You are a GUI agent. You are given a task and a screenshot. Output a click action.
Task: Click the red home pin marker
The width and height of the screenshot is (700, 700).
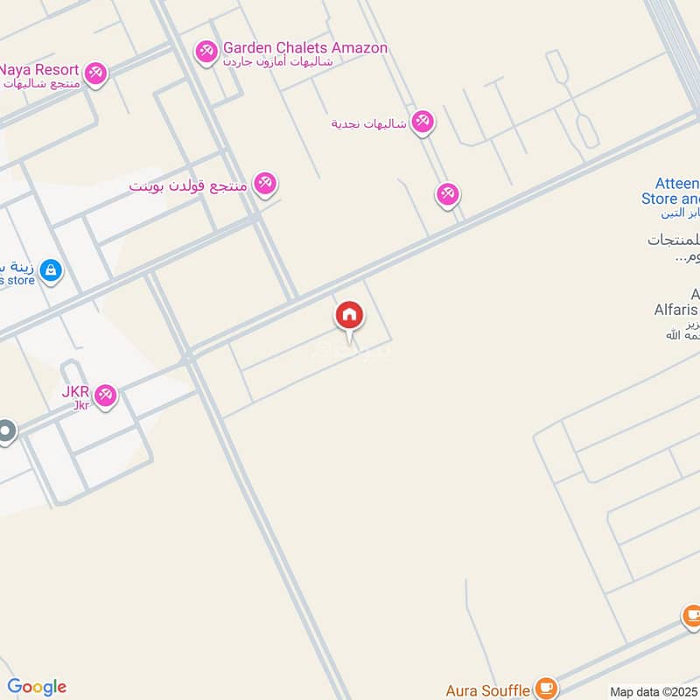tap(349, 316)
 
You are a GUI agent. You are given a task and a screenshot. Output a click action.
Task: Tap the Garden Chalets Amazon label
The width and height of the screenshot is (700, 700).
tap(304, 48)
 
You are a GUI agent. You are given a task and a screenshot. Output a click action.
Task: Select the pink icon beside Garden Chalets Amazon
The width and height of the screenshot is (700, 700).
tap(206, 53)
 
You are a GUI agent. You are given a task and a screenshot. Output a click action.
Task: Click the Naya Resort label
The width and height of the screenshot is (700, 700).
tap(40, 70)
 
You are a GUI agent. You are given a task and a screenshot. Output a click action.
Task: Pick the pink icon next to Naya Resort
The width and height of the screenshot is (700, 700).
tap(96, 73)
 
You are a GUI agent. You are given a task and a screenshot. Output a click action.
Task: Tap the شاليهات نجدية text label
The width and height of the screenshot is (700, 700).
tap(368, 123)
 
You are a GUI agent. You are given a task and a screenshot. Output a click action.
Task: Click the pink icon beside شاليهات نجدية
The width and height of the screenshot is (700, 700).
tap(423, 122)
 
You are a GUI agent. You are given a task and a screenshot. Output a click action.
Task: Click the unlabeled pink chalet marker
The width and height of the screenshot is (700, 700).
tap(448, 194)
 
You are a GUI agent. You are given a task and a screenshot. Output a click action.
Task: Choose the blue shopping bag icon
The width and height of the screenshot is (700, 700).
tap(51, 270)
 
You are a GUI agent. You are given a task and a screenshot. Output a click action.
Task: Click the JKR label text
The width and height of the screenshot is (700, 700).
tap(75, 391)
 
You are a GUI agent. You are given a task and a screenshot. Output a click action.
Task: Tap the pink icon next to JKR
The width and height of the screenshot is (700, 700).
tap(106, 396)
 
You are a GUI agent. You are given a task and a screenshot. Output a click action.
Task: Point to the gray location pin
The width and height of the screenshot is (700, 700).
tap(6, 432)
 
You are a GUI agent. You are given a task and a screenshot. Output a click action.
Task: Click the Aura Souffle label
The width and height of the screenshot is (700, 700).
tap(488, 689)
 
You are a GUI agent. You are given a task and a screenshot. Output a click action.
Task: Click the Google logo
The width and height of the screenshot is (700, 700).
tap(37, 687)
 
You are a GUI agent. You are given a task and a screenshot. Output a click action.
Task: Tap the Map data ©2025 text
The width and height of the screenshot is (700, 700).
tap(653, 692)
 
